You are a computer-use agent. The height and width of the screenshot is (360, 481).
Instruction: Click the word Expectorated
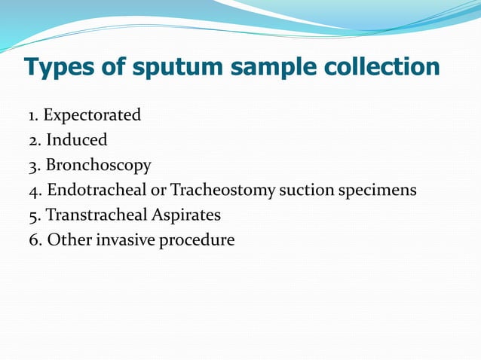[x=92, y=115]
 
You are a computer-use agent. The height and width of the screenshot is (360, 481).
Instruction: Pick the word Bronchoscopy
[x=99, y=165]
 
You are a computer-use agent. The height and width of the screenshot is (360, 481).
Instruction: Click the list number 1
[x=32, y=116]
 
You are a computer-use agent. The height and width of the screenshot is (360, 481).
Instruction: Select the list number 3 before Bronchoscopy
[x=33, y=166]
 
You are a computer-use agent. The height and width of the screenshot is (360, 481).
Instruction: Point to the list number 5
[x=33, y=215]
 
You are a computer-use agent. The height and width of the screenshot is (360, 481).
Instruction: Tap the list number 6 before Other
[x=33, y=240]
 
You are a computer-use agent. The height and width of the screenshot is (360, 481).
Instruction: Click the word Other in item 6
[x=66, y=240]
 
